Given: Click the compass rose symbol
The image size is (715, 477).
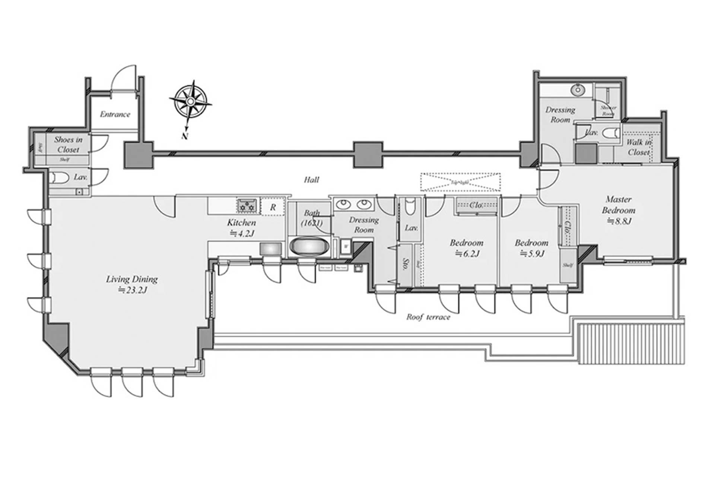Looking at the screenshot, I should (190, 101).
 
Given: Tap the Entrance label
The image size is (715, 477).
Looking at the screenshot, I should (115, 114).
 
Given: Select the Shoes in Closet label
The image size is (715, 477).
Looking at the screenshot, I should (68, 145).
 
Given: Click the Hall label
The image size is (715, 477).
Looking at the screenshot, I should (311, 180).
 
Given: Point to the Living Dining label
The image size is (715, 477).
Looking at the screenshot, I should (132, 279).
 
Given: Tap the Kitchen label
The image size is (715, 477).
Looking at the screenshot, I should (241, 223).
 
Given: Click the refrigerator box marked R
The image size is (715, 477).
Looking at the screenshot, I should (273, 207).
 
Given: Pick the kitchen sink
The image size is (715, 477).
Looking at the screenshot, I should (271, 249).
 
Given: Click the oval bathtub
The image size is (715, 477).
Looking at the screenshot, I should (309, 247).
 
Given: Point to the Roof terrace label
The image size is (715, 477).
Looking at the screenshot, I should (428, 317).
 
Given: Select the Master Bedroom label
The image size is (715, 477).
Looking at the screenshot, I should (618, 205).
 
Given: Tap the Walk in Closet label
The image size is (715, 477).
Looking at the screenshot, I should (639, 147).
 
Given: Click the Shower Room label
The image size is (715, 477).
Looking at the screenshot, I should (608, 110).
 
